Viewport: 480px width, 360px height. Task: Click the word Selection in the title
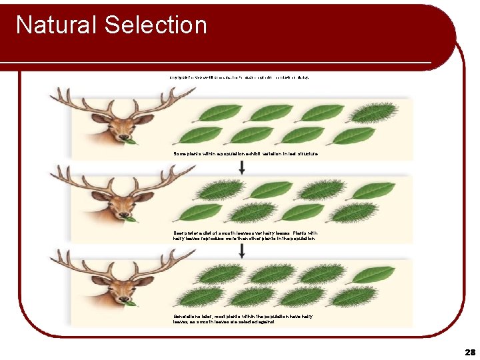click(x=155, y=25)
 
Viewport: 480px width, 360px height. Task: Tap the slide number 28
click(x=470, y=351)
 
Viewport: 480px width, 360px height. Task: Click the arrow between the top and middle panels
click(x=241, y=167)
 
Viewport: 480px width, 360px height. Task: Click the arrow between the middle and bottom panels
click(x=241, y=247)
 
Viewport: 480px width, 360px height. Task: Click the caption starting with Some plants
click(x=245, y=153)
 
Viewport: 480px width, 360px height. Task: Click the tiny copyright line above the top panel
click(x=239, y=77)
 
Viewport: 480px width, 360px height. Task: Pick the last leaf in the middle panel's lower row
click(x=354, y=213)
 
